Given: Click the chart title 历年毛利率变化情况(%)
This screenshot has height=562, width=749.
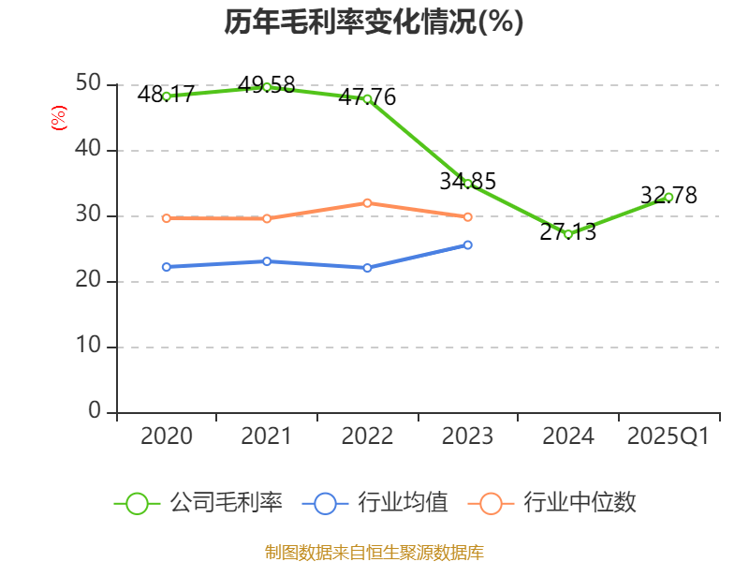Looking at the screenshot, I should coord(374,22).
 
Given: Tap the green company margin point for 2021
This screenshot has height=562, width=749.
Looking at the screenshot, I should coord(267,87).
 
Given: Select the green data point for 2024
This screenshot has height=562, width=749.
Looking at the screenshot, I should coord(568,234).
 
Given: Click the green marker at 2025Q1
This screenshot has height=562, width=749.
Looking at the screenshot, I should coord(668,197).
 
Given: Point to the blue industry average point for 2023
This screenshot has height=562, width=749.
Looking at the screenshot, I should coord(468,244).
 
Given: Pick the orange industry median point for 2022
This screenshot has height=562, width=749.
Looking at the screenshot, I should coord(367,202).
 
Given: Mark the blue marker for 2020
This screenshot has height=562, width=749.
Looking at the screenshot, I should coord(167,267).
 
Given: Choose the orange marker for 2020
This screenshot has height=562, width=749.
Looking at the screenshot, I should coord(167,218).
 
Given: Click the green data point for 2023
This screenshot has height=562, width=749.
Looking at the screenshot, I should coord(468,184).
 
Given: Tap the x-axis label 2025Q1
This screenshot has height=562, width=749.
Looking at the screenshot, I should coord(668,436).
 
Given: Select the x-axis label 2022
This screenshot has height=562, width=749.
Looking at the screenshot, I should coord(367,436).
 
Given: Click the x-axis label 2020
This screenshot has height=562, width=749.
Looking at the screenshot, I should coord(167,436).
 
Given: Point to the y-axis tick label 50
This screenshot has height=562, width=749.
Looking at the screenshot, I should coord(89,84).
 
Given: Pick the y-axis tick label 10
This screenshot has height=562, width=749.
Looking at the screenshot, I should coord(89,347).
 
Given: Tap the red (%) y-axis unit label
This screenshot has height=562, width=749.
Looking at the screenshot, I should coord(59,118).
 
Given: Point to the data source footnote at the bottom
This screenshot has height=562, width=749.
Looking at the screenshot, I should coord(374,552).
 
